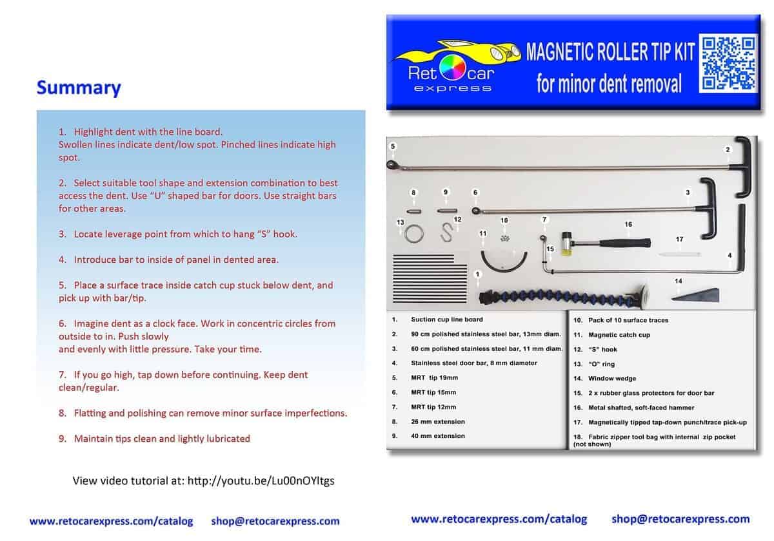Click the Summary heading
click(x=79, y=88)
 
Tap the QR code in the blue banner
click(x=729, y=63)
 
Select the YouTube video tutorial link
click(x=261, y=480)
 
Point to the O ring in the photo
click(x=413, y=233)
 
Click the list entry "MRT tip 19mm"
click(x=434, y=378)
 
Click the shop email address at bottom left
click(x=275, y=521)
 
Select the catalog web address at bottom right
click(x=499, y=518)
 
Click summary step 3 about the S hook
click(x=178, y=234)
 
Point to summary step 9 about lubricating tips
click(x=155, y=439)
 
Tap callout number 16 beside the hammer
click(x=628, y=225)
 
